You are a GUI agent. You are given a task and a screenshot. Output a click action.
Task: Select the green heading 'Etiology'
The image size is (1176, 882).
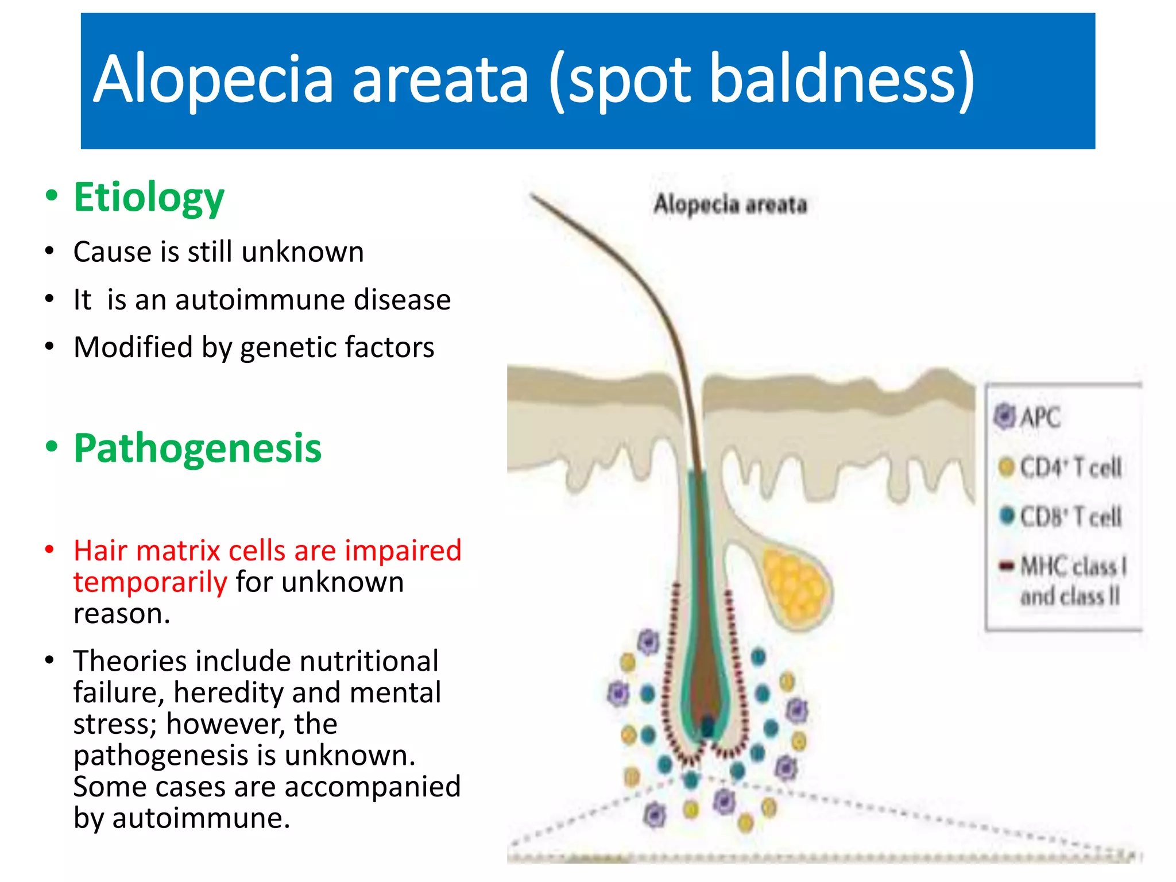tap(149, 197)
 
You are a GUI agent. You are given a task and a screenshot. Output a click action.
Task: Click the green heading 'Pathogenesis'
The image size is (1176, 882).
tap(198, 448)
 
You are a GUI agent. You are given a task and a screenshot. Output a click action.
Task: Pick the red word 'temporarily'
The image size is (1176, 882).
tap(150, 582)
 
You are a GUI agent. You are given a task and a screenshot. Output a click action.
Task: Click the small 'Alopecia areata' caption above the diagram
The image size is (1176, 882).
tap(730, 204)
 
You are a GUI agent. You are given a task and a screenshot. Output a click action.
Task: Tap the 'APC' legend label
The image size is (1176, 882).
tap(1040, 417)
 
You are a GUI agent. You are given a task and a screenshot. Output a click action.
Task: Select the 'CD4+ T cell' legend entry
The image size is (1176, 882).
tap(1070, 467)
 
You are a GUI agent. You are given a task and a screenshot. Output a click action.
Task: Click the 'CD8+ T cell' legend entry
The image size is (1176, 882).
tap(1070, 517)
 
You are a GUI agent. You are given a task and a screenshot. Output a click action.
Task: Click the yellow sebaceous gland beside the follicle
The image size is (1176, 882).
tap(795, 586)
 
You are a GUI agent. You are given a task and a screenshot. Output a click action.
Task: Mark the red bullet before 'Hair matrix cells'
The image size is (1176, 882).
tap(50, 550)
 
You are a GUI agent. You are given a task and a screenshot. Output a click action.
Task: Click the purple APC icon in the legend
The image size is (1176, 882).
tap(1005, 416)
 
